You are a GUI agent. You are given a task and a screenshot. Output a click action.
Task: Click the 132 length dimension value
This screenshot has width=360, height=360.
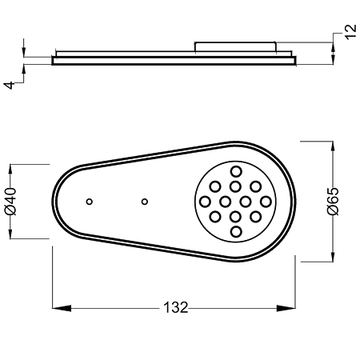(x=176, y=307)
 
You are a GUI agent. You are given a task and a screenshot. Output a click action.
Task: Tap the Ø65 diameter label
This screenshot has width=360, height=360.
(x=333, y=202)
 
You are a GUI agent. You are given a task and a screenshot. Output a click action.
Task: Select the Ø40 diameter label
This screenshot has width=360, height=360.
(x=10, y=202)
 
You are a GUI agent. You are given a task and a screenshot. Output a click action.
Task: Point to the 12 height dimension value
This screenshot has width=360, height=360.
(x=350, y=32)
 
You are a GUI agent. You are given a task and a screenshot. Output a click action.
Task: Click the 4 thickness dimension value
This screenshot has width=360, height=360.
(x=9, y=85)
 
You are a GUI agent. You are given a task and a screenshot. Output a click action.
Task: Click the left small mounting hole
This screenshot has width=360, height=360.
(x=90, y=202)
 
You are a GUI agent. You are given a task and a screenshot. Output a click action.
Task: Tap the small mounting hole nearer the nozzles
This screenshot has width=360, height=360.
(x=145, y=202)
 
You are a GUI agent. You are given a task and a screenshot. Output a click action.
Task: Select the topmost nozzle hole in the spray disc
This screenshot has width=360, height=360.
(x=236, y=171)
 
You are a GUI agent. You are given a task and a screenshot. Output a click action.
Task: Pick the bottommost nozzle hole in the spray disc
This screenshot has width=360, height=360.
(x=236, y=232)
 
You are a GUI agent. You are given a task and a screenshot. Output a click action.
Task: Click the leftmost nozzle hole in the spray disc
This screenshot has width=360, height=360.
(x=206, y=202)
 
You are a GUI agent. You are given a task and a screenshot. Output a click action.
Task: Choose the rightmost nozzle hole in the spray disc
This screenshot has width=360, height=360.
(x=266, y=202)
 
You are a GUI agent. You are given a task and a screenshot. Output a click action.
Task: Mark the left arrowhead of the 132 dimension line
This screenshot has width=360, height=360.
(x=62, y=308)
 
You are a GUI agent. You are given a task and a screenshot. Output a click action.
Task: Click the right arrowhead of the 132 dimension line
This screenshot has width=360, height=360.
(x=286, y=308)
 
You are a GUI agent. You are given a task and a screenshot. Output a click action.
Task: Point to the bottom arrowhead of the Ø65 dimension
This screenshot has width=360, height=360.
(x=333, y=257)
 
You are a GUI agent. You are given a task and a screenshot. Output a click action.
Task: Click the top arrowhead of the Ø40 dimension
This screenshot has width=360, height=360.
(x=10, y=169)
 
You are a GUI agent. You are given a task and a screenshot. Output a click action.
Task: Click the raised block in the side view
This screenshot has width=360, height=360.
(x=235, y=46)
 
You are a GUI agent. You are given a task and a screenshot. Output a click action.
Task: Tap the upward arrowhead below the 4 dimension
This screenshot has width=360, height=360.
(x=24, y=69)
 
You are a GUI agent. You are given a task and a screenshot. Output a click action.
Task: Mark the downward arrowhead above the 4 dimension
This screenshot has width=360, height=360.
(x=24, y=52)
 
